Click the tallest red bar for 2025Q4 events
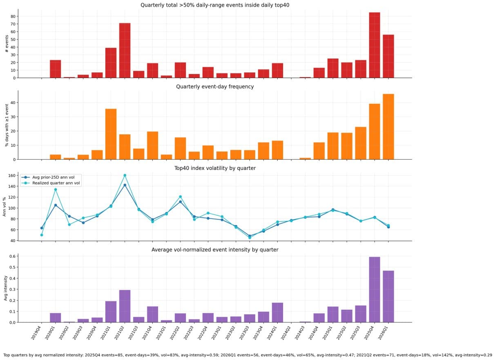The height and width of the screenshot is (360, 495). click(375, 45)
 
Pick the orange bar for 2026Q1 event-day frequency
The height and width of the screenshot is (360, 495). click(388, 127)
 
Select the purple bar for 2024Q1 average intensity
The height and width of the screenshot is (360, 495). click(277, 312)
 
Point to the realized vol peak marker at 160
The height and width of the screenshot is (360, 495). click(125, 175)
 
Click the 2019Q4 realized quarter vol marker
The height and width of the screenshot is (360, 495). click(42, 235)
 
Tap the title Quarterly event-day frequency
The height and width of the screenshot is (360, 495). click(214, 87)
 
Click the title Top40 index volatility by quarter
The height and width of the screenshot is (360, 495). click(214, 168)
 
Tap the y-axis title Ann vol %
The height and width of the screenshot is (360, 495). click(5, 206)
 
